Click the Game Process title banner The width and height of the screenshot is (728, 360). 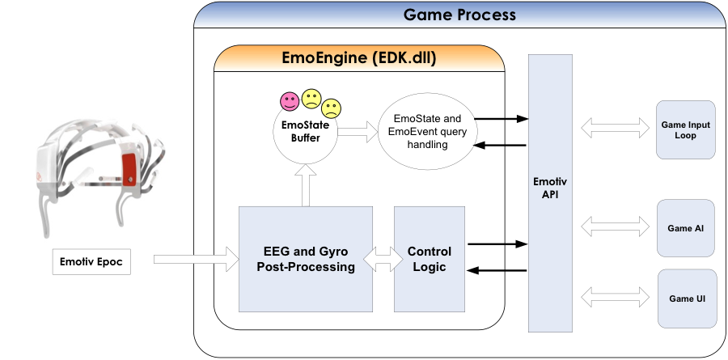point(459,15)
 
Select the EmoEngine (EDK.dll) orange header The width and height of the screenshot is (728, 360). point(359,58)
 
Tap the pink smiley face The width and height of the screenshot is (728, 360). point(289,102)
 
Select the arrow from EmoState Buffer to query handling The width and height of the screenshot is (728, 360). point(355,133)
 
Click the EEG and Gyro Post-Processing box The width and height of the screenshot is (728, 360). point(306,259)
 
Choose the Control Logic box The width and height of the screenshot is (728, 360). point(429,259)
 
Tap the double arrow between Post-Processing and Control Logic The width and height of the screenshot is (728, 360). point(383,260)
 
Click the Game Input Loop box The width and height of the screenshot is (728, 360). point(686,129)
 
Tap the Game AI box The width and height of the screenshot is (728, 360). point(686,228)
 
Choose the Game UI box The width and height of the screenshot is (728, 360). point(686,299)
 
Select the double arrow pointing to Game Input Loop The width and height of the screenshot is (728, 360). point(615,128)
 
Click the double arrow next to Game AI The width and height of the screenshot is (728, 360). point(615,227)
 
